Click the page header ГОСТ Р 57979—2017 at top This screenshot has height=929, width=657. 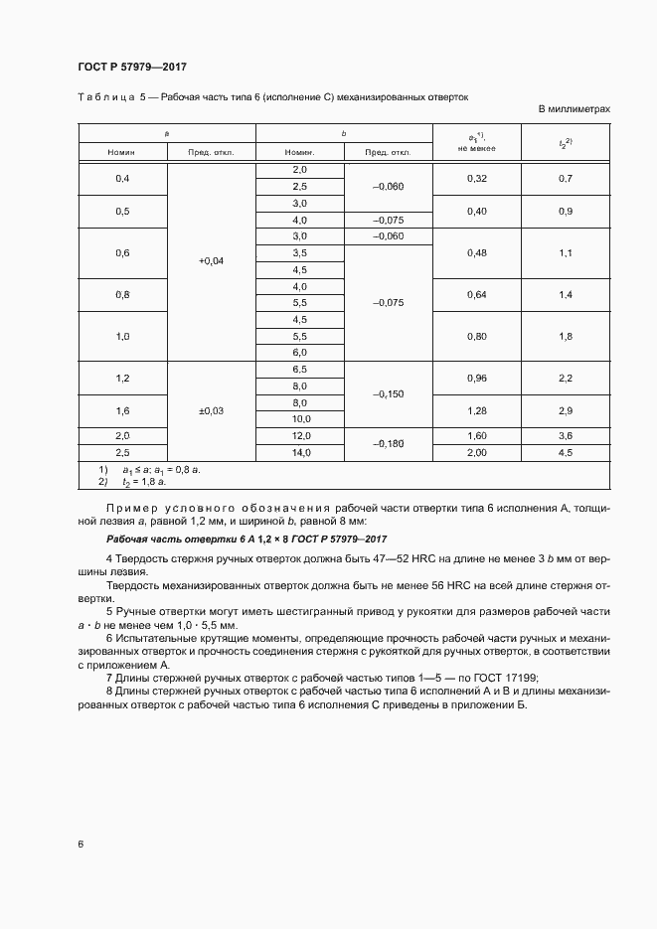tap(132, 67)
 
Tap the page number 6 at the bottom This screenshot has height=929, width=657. tap(81, 845)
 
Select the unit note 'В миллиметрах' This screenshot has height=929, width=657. tap(574, 109)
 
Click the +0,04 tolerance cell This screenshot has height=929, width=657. tap(212, 260)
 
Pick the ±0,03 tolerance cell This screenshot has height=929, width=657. tap(212, 410)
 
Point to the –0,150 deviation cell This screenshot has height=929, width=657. tap(388, 393)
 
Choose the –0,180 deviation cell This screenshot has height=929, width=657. tap(388, 444)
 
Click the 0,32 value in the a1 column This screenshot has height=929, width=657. tap(477, 178)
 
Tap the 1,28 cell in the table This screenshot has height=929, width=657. tap(477, 410)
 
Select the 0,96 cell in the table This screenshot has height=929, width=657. tap(477, 378)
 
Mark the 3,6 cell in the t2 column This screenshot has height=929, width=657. tap(567, 435)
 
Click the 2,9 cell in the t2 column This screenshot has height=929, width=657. tap(567, 410)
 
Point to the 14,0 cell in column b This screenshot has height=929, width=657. tap(299, 452)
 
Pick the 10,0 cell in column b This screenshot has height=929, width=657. tap(299, 419)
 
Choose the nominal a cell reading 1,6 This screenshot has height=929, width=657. tap(123, 410)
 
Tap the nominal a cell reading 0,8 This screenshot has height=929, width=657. tap(123, 294)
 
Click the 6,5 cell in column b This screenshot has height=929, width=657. tap(299, 369)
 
